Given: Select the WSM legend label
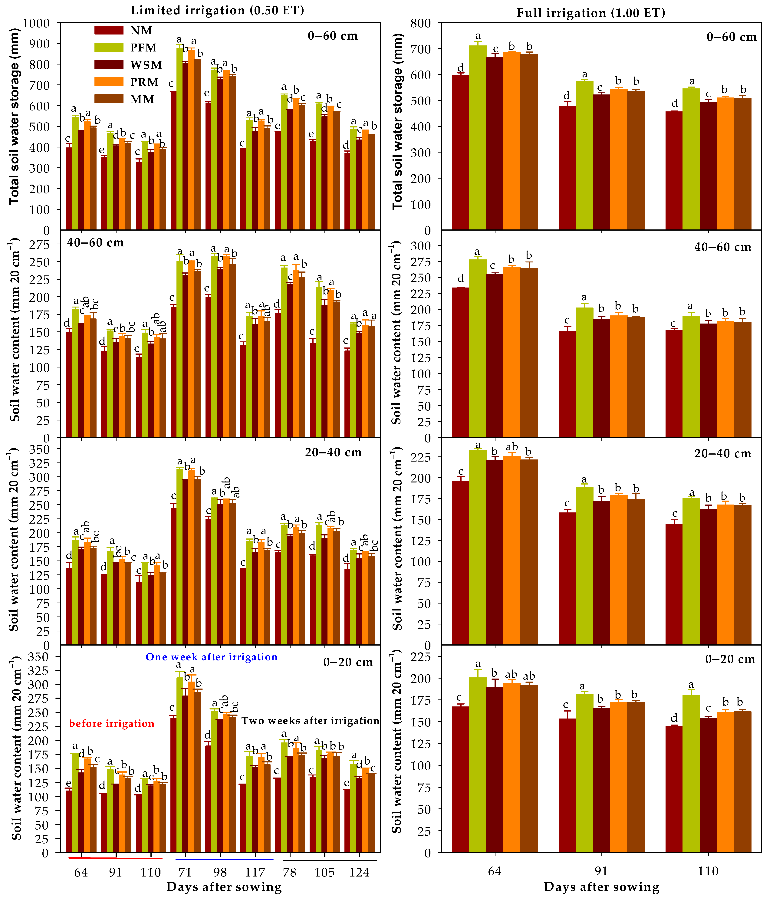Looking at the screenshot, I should pos(146,65).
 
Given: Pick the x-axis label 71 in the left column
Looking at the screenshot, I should pos(185,872).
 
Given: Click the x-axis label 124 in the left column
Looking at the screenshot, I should pos(359,872).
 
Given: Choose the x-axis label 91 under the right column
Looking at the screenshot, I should pos(601,871).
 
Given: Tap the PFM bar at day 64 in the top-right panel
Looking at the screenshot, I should pos(478,139).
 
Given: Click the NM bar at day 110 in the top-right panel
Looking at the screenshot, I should pos(674,171).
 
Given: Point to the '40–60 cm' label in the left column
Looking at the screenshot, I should pos(95,243).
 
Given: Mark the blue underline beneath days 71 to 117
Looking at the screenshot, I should pos(224,859).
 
